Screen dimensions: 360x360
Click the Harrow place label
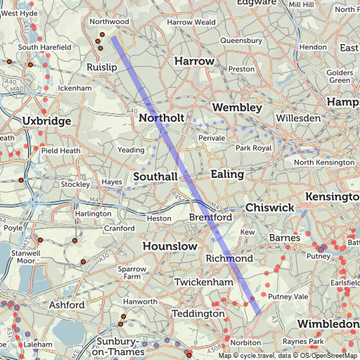[194, 61]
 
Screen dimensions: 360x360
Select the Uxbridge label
[47, 121]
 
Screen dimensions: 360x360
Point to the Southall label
[155, 176]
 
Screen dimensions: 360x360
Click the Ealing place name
[227, 174]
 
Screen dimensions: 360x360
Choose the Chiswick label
[269, 208]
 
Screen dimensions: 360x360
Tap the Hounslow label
[170, 247]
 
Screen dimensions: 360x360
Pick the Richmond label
[229, 259]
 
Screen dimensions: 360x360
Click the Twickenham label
[204, 281]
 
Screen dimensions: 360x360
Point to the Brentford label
[211, 218]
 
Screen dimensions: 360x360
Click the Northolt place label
[162, 118]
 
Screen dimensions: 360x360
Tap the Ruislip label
[101, 67]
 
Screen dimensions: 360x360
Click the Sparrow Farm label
[132, 273]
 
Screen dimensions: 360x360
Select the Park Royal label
[253, 148]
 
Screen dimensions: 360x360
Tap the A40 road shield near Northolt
[133, 112]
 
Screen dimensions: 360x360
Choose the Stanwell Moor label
[26, 256]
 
